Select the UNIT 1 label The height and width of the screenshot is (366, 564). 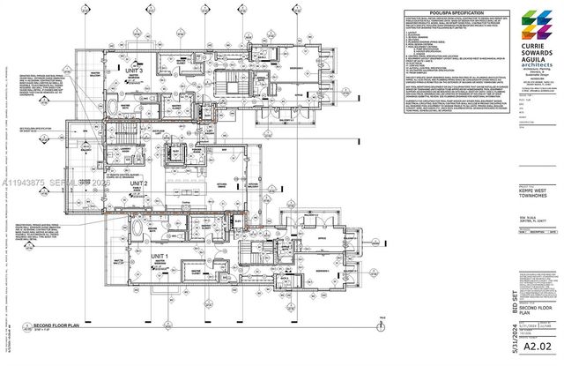click(x=160, y=256)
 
